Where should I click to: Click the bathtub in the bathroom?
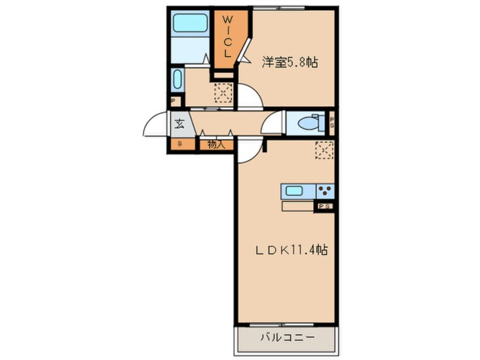[x=190, y=23]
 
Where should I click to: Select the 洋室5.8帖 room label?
[x=289, y=63]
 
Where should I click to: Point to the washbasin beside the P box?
[x=176, y=80]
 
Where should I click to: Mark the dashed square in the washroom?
[x=223, y=93]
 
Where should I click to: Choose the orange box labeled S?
[x=180, y=144]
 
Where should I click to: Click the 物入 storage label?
[x=216, y=144]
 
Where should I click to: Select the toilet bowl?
[x=309, y=122]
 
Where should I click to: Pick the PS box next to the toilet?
[x=332, y=122]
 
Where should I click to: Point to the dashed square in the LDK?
[x=325, y=149]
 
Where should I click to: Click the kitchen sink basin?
[x=294, y=191]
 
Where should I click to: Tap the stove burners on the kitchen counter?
[x=325, y=191]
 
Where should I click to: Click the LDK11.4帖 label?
[x=289, y=250]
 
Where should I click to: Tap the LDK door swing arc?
[x=248, y=150]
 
